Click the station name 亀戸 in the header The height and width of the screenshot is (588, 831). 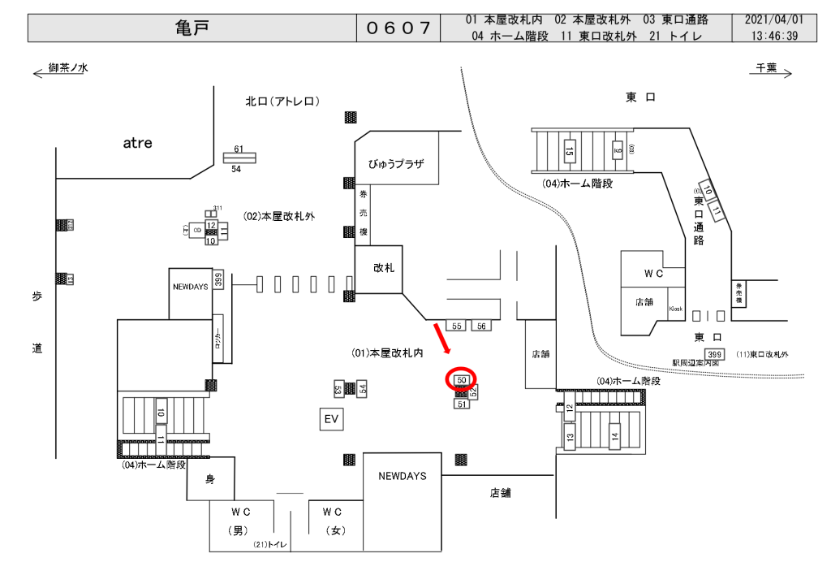(192, 28)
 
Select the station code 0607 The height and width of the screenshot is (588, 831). (398, 28)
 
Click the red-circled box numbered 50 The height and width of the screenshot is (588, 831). (461, 379)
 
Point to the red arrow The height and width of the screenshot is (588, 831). (443, 337)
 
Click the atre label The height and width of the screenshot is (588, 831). (137, 143)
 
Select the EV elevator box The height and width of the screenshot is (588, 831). (330, 419)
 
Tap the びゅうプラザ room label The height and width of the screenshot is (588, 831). (397, 163)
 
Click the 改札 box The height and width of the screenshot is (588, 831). (383, 267)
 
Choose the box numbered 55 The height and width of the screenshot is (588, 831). (457, 326)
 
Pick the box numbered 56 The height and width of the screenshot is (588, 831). (481, 326)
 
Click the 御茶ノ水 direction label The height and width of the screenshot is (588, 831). (67, 68)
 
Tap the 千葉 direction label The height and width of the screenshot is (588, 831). (766, 68)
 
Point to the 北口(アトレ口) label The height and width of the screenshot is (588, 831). (283, 102)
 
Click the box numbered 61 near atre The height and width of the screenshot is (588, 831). (239, 149)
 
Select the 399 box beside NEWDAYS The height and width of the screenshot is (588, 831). (218, 280)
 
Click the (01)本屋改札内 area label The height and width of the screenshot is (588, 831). (388, 353)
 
